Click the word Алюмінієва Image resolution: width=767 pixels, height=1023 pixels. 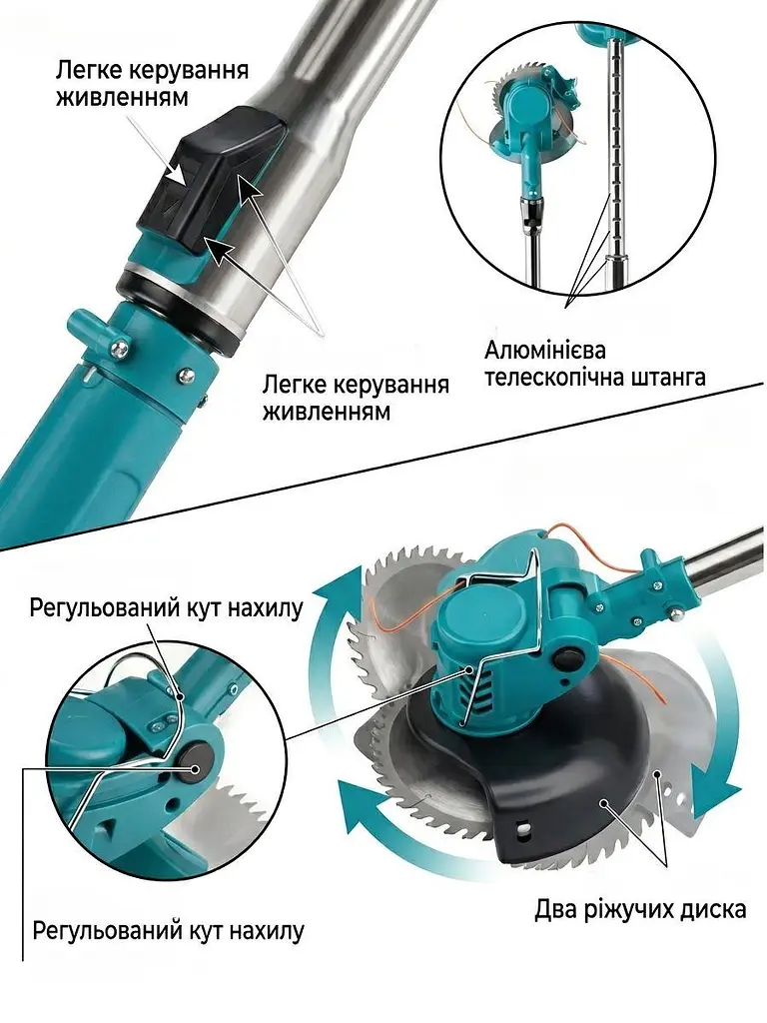click(x=544, y=351)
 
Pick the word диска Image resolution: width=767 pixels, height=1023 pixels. click(x=709, y=909)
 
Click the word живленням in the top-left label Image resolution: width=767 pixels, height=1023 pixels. click(x=122, y=97)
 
